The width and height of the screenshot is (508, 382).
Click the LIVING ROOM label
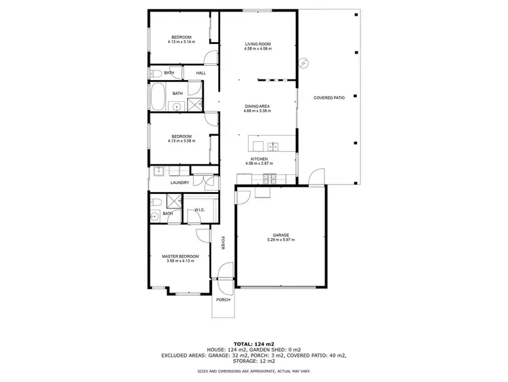(x=257, y=45)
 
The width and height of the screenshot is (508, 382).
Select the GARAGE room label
(x=280, y=235)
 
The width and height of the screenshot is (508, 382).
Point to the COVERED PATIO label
(x=329, y=98)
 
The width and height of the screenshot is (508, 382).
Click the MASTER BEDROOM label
(x=180, y=256)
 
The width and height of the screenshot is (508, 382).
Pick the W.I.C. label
(x=200, y=210)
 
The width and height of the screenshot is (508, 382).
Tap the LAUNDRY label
(x=180, y=183)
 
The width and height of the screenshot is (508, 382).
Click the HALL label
(x=201, y=73)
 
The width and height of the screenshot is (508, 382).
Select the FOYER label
(x=223, y=243)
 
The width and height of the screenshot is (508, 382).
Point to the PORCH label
(x=223, y=299)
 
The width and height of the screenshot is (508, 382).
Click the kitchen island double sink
(x=274, y=145)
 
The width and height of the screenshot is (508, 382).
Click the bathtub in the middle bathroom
(x=156, y=98)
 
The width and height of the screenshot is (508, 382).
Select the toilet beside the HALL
(x=154, y=73)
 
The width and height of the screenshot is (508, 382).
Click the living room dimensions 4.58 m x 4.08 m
(x=257, y=50)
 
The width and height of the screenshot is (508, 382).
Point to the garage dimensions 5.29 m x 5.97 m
(x=280, y=240)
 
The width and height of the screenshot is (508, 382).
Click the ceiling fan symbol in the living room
(x=304, y=64)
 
